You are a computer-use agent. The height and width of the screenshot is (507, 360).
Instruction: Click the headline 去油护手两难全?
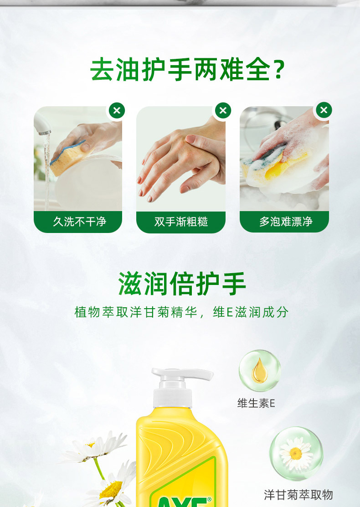pos(187,69)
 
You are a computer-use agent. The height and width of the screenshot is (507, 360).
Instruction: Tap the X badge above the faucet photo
pos(117,111)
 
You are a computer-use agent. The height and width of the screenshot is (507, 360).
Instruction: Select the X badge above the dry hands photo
pos(223,111)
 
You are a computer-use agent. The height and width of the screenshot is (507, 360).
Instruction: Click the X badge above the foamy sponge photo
pos(324,110)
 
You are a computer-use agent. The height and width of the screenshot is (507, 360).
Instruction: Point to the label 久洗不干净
pos(79,222)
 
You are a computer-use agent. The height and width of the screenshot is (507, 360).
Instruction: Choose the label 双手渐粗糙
pos(181,222)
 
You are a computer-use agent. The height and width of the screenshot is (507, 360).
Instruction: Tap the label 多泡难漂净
pos(286,222)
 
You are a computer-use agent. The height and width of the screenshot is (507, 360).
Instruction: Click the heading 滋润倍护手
pos(182,284)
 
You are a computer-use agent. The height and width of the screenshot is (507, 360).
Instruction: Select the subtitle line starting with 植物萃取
pos(181,312)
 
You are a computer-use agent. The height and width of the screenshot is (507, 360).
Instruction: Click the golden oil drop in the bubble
pos(259,371)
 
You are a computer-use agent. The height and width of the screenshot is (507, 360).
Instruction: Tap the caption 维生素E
pos(256,403)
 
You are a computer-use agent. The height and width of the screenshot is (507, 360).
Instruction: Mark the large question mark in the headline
pos(279,70)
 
